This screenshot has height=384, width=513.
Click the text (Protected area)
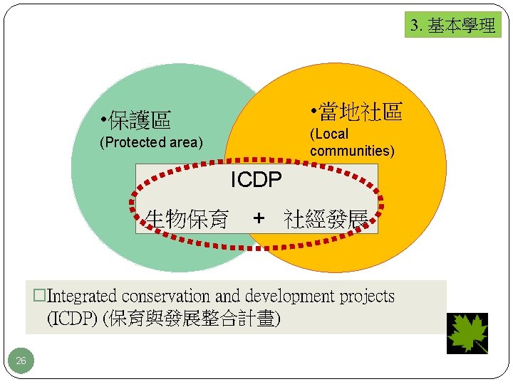[x=152, y=142]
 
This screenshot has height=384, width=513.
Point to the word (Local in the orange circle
[x=329, y=134]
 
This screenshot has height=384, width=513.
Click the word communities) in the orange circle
[x=352, y=151]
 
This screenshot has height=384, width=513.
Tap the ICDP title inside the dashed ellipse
[x=256, y=180]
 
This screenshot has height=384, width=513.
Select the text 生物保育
[x=187, y=219]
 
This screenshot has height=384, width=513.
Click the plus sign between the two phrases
[x=259, y=218]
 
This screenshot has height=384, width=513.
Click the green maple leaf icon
[x=467, y=333]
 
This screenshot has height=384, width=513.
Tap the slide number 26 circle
[x=21, y=361]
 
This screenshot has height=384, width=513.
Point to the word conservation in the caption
[x=166, y=296]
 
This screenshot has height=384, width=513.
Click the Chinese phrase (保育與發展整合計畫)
[x=192, y=319]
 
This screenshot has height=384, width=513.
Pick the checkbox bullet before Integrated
[x=40, y=296]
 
